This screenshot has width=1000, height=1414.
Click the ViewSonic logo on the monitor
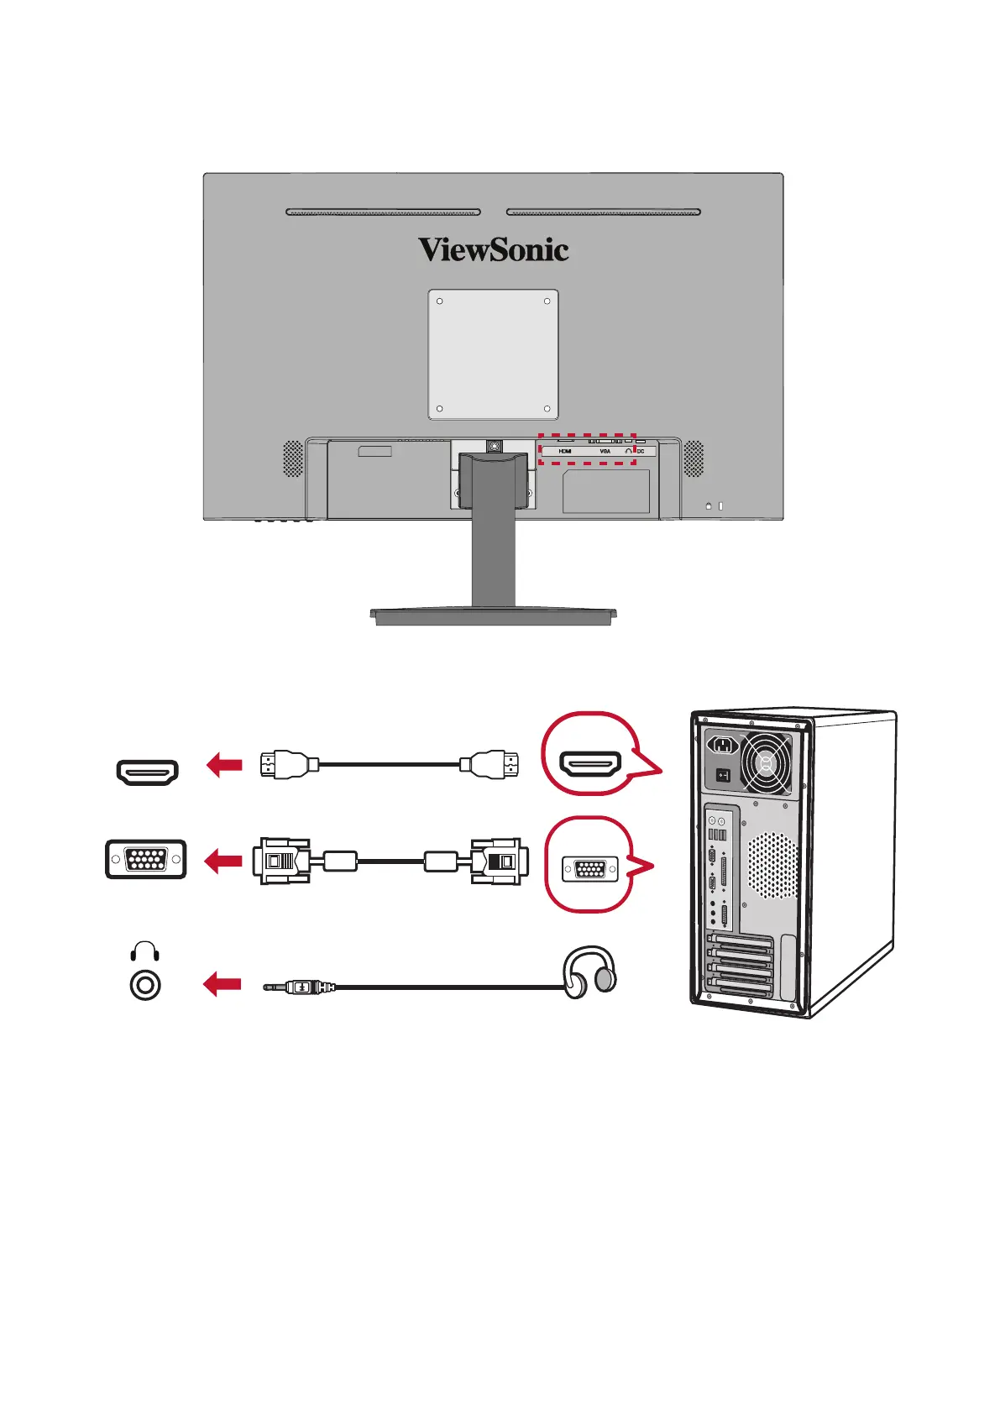pos(494,249)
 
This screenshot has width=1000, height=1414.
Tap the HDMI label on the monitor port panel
pos(565,452)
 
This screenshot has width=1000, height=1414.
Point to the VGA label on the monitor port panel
pos(605,452)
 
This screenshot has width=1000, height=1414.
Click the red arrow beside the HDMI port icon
pos(224,765)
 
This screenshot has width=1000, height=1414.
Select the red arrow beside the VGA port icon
pos(224,861)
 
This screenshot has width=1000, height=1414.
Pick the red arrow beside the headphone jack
pos(223,984)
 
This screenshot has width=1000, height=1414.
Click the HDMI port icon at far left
pos(148,772)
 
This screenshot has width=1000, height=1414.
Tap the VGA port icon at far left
pos(146,859)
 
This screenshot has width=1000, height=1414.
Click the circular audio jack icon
pos(145,985)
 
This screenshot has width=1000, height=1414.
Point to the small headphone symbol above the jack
pos(145,951)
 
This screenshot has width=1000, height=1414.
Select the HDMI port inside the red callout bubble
pos(591,763)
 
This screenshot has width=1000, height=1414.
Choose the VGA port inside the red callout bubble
pos(590,867)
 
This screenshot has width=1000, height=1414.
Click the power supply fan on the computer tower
pos(766,763)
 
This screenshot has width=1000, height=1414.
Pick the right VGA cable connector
pos(499,861)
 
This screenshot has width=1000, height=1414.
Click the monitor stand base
pos(494,616)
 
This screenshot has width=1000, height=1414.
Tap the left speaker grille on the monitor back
pos(292,458)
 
